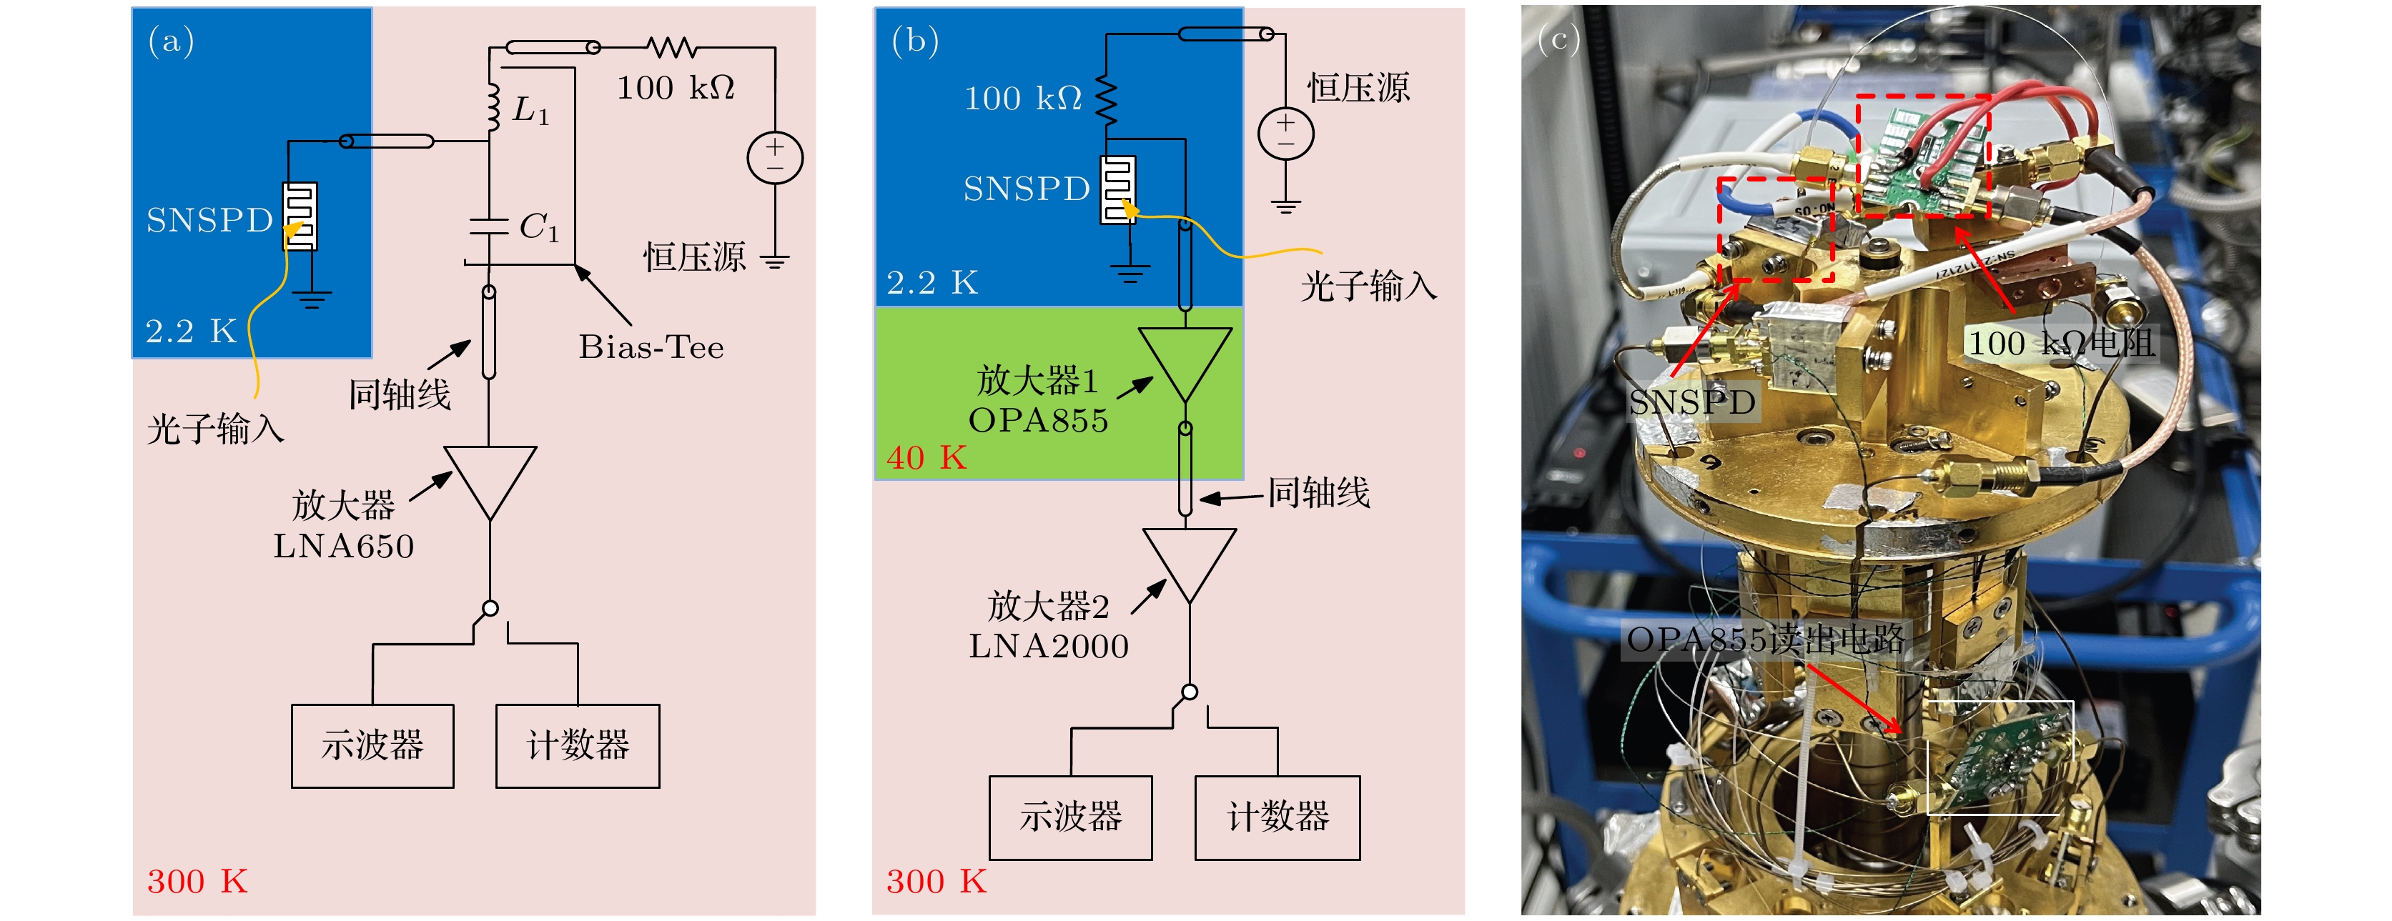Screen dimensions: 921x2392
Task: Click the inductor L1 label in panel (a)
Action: pyautogui.click(x=530, y=111)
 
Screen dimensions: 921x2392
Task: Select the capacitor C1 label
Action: pyautogui.click(x=538, y=227)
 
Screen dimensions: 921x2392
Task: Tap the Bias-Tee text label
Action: pyautogui.click(x=651, y=347)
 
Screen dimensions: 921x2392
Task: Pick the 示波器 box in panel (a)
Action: pyautogui.click(x=372, y=745)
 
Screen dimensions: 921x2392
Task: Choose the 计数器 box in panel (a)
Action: pyautogui.click(x=578, y=745)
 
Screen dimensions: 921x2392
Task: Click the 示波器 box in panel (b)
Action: pyautogui.click(x=1071, y=817)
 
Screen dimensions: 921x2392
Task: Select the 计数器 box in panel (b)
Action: pyautogui.click(x=1277, y=817)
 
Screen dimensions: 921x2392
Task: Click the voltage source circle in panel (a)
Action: pyautogui.click(x=774, y=158)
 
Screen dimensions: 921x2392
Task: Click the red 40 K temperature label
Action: pyautogui.click(x=926, y=458)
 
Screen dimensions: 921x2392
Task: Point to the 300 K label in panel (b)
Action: pyautogui.click(x=936, y=881)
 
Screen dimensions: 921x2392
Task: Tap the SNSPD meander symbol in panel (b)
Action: pyautogui.click(x=1117, y=189)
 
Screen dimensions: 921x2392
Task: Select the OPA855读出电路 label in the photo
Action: pyautogui.click(x=1765, y=639)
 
